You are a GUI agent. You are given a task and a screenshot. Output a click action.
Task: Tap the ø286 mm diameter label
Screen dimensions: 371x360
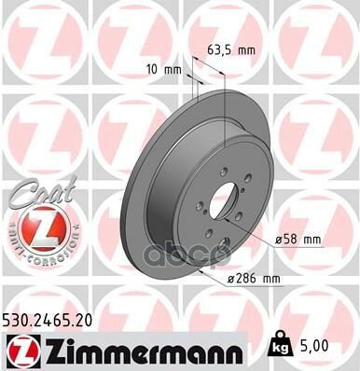256,278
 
